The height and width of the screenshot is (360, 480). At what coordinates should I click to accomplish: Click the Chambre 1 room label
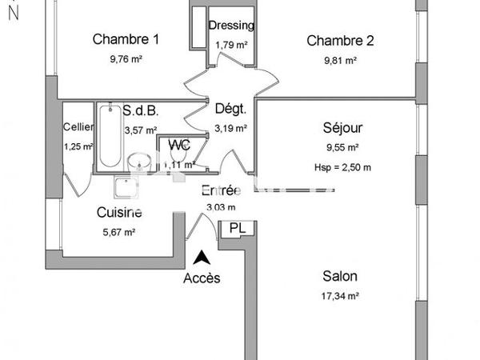click(126, 39)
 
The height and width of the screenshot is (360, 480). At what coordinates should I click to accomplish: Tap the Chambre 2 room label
click(341, 41)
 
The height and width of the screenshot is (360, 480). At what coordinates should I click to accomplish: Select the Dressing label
click(231, 25)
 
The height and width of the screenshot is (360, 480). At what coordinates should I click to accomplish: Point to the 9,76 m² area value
click(126, 59)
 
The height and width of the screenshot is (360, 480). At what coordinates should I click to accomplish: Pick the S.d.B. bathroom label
click(141, 111)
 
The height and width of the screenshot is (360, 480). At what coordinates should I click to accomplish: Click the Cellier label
click(78, 127)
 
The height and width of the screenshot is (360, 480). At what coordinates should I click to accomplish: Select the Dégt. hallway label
click(230, 109)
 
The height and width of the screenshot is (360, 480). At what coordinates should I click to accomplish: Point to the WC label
click(179, 146)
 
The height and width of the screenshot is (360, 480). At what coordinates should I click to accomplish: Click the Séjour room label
click(342, 128)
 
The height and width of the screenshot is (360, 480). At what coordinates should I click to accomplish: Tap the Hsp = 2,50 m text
click(342, 166)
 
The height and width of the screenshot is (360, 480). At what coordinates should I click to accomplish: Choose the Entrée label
click(220, 191)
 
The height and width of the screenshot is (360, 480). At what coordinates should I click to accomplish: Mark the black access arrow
click(202, 258)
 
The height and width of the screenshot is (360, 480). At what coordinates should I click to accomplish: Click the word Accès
click(202, 278)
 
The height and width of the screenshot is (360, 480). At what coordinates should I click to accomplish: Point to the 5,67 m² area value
click(119, 232)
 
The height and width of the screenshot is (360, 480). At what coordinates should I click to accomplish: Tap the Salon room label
click(340, 276)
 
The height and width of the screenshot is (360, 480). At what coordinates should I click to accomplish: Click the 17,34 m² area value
click(340, 296)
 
